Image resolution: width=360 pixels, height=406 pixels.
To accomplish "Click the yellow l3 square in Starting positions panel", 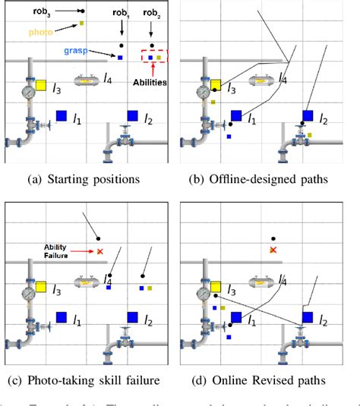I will tap(42, 86).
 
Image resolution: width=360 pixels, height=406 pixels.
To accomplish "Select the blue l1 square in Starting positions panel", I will tap(62, 115).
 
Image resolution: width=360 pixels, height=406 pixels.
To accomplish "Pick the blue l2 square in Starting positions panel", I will tap(132, 115).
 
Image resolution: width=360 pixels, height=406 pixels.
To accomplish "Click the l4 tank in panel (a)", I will tap(88, 79).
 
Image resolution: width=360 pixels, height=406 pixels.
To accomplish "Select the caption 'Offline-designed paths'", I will tap(267, 180).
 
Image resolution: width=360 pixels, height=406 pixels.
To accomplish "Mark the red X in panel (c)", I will tap(100, 250).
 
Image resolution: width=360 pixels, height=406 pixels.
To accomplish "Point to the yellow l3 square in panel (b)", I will tap(216, 85).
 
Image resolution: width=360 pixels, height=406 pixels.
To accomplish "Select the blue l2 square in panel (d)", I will tap(308, 316).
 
